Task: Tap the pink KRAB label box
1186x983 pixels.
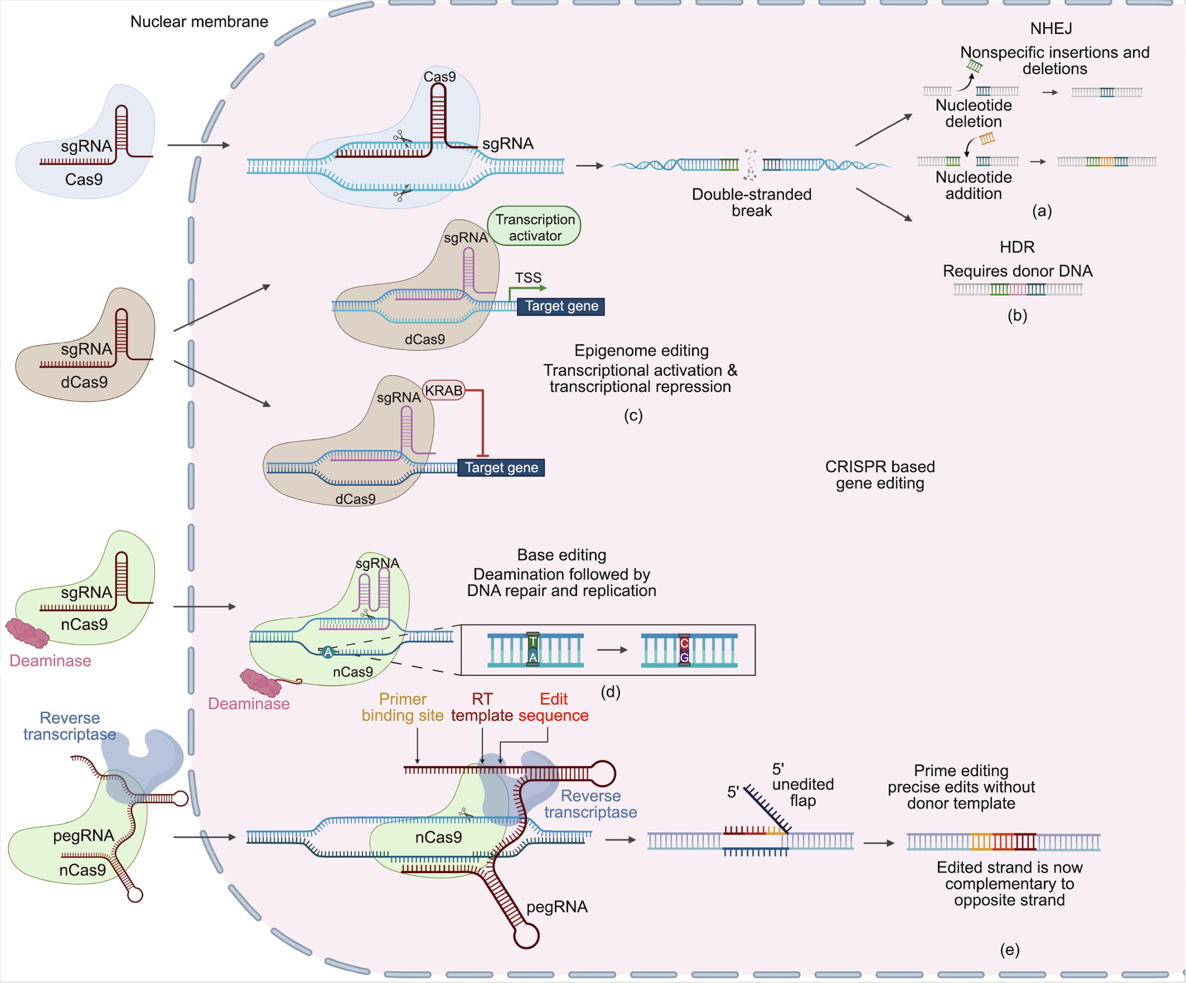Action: pos(444,390)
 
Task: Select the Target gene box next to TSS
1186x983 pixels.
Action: pos(561,306)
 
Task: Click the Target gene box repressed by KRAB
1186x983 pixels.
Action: pos(501,468)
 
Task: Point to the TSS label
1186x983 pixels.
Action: pos(528,278)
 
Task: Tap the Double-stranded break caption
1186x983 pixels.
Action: pos(752,202)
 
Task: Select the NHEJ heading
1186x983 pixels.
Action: pos(1051,28)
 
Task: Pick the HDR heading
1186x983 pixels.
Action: pos(1017,247)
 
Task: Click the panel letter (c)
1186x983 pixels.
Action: pos(633,416)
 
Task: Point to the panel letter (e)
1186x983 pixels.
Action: pos(1010,950)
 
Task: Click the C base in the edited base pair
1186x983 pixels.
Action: pos(684,643)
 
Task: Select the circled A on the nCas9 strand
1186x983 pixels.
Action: pos(328,652)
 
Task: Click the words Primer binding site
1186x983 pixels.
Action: pos(403,707)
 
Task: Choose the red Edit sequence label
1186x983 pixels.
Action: pos(553,707)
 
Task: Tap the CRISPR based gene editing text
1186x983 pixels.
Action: pos(880,474)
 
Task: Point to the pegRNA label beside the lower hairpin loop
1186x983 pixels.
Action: pos(557,907)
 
